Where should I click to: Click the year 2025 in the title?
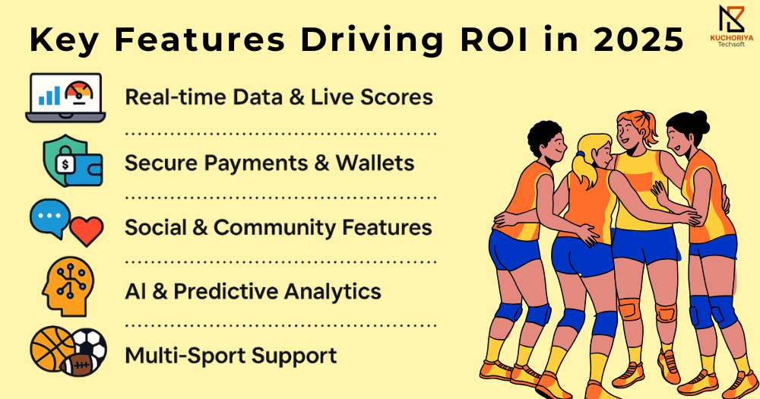pyautogui.click(x=639, y=40)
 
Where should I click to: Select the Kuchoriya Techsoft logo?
pyautogui.click(x=732, y=25)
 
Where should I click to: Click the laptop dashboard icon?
pyautogui.click(x=65, y=97)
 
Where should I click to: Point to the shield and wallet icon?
pyautogui.click(x=73, y=161)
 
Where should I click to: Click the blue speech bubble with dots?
pyautogui.click(x=50, y=218)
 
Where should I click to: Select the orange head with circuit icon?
pyautogui.click(x=68, y=286)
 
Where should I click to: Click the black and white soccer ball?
pyautogui.click(x=90, y=345)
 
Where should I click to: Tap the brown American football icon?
pyautogui.click(x=78, y=365)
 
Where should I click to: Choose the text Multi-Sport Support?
pyautogui.click(x=231, y=356)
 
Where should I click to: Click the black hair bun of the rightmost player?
pyautogui.click(x=701, y=121)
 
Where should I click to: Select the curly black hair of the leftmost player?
pyautogui.click(x=544, y=138)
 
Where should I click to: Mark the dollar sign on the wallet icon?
pyautogui.click(x=65, y=165)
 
